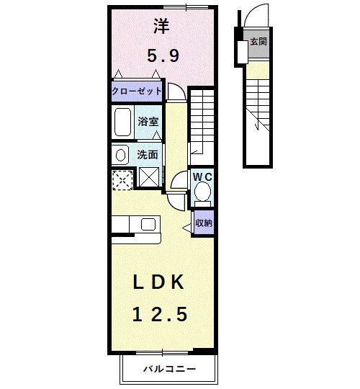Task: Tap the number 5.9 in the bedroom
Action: click(x=163, y=55)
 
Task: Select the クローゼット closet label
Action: click(x=137, y=92)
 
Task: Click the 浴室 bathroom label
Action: click(x=148, y=122)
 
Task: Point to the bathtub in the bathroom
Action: click(x=123, y=122)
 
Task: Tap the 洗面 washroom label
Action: click(x=148, y=153)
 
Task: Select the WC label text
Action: click(x=202, y=174)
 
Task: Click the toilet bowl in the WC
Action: click(x=203, y=192)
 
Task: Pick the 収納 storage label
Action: click(x=204, y=223)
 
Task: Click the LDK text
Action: click(x=162, y=283)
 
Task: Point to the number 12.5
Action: click(x=161, y=314)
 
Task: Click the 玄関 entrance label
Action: click(x=258, y=43)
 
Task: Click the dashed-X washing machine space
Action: click(x=123, y=177)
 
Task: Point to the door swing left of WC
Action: click(x=177, y=183)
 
